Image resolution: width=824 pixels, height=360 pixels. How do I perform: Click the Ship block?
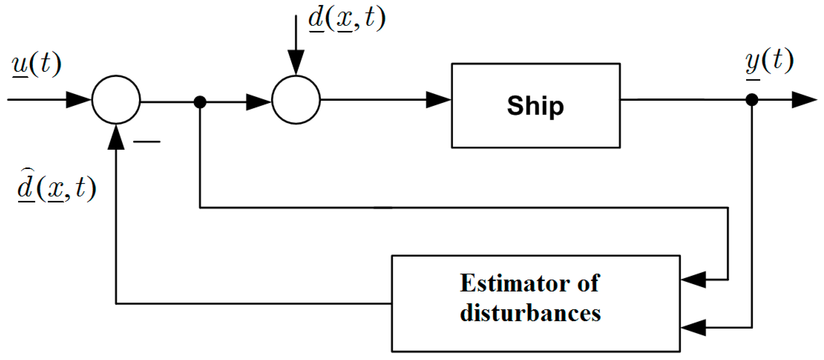click(536, 106)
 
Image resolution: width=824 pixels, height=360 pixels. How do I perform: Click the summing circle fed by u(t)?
click(116, 100)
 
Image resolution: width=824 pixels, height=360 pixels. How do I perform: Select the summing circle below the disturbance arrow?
click(296, 100)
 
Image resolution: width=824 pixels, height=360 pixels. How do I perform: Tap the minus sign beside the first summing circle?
click(147, 141)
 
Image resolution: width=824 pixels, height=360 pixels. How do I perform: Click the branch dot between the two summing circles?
click(200, 102)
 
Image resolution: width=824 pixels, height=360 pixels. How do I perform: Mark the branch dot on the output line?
click(752, 99)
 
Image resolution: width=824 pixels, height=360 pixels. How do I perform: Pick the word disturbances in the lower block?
click(530, 313)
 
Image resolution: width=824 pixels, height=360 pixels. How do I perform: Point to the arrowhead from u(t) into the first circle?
click(78, 99)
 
